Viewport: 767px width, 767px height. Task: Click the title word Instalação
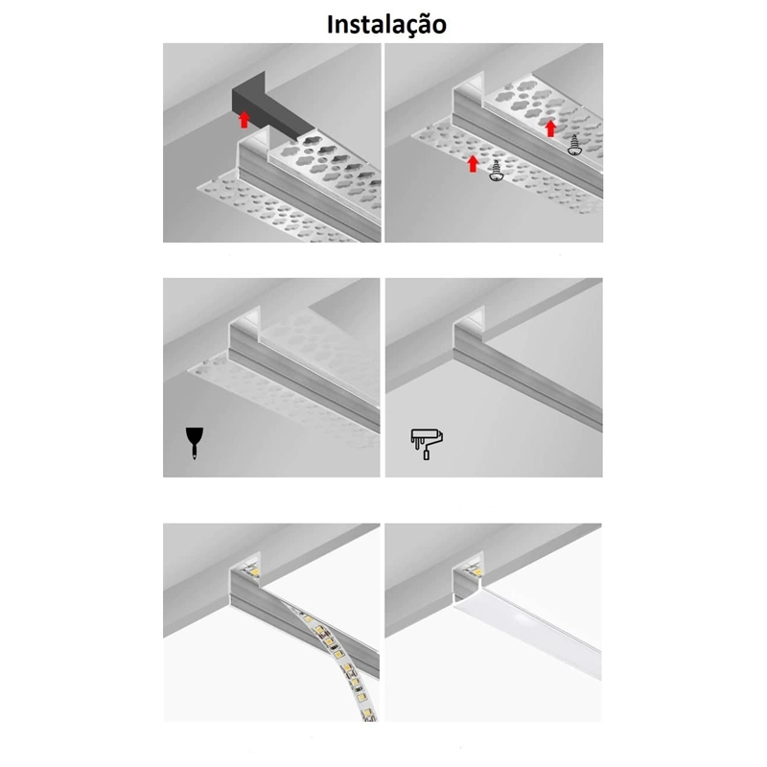click(x=386, y=25)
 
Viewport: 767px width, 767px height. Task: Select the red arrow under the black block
click(x=244, y=120)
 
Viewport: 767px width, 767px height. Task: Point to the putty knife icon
click(x=195, y=443)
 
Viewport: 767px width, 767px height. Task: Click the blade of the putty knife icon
click(x=195, y=435)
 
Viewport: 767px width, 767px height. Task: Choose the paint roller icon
click(x=427, y=444)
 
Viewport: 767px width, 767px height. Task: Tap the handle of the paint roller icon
click(x=426, y=454)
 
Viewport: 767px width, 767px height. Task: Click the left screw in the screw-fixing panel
click(x=496, y=172)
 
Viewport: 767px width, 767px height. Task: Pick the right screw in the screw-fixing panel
click(x=574, y=146)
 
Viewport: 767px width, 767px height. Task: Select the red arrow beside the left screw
click(x=473, y=164)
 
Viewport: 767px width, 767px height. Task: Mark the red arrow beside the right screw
click(x=550, y=128)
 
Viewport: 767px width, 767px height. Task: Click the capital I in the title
click(x=331, y=25)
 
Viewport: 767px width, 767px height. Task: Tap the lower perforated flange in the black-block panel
click(x=274, y=210)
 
